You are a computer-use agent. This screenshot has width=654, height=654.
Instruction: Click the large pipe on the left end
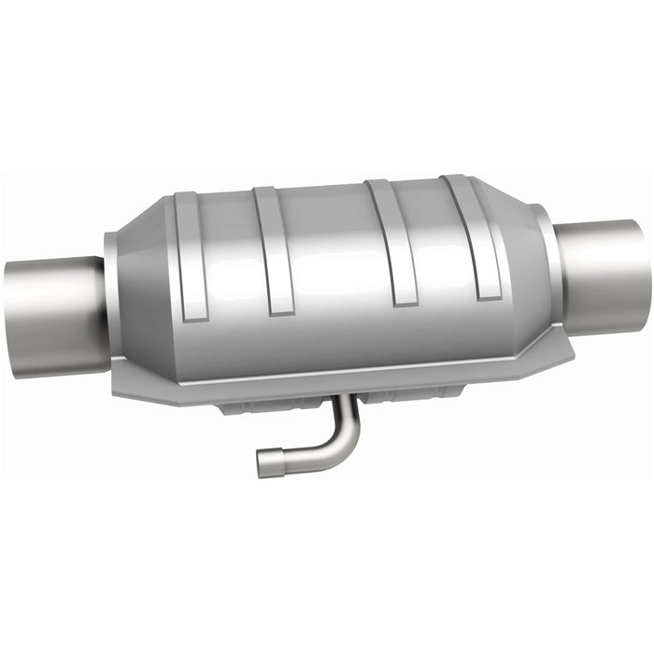[56, 314]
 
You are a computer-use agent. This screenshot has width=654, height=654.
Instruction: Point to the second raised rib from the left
[273, 250]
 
